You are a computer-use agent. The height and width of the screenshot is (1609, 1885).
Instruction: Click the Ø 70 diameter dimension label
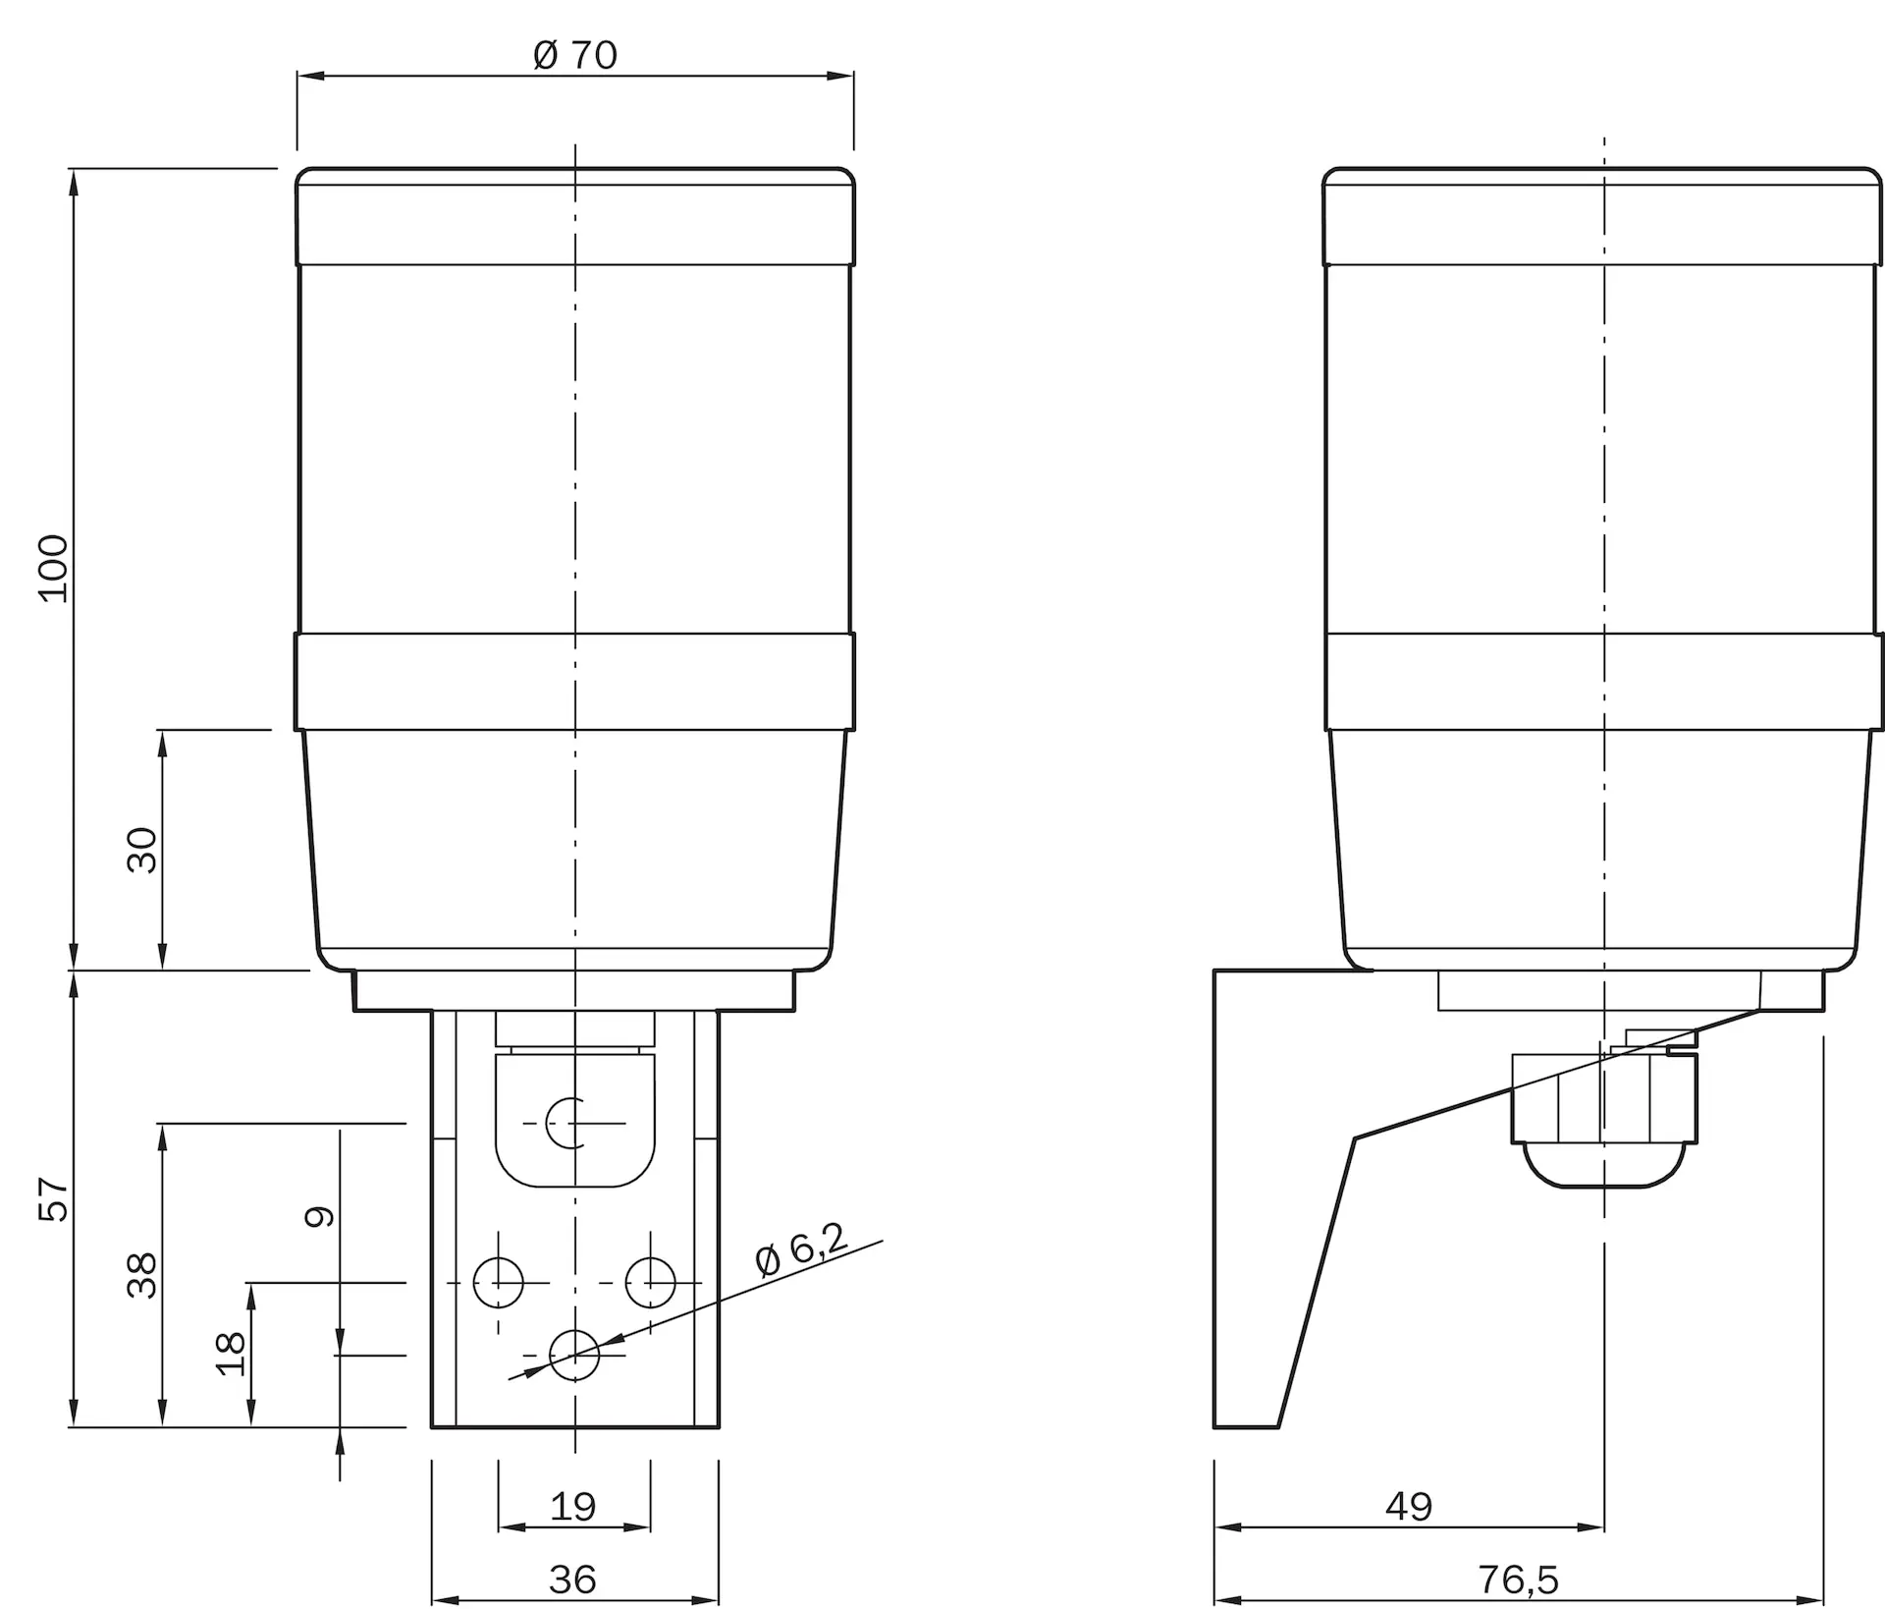click(575, 55)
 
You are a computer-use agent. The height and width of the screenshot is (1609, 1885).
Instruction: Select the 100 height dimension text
click(53, 569)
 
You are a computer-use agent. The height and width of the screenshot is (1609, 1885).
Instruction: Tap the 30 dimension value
click(142, 850)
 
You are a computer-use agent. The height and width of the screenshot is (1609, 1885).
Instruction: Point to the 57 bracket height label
click(53, 1198)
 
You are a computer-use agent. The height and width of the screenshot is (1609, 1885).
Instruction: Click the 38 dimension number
click(142, 1275)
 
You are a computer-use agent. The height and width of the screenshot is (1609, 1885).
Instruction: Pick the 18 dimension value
click(231, 1354)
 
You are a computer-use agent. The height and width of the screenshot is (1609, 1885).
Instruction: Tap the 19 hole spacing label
click(573, 1506)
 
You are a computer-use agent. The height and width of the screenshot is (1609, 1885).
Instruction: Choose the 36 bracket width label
click(573, 1580)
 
